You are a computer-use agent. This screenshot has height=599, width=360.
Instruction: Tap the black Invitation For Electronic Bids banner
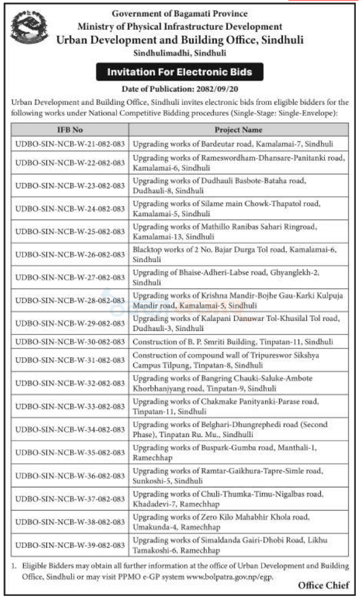click(180, 72)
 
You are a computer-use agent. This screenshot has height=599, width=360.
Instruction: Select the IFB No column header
click(70, 130)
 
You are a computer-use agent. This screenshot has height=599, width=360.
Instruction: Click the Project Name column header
click(238, 130)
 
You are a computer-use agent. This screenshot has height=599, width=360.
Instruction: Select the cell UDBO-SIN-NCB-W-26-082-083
click(70, 254)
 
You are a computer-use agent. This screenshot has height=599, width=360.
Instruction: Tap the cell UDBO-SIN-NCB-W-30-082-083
click(70, 341)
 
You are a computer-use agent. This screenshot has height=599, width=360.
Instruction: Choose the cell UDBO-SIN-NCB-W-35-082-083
click(70, 453)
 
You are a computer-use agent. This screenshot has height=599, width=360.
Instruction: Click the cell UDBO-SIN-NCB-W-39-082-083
click(70, 545)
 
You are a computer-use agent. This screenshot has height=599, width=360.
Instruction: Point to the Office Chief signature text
click(323, 586)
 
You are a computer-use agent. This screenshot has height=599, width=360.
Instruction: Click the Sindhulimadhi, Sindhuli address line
click(180, 52)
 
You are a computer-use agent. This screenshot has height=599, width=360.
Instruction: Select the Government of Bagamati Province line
click(180, 14)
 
